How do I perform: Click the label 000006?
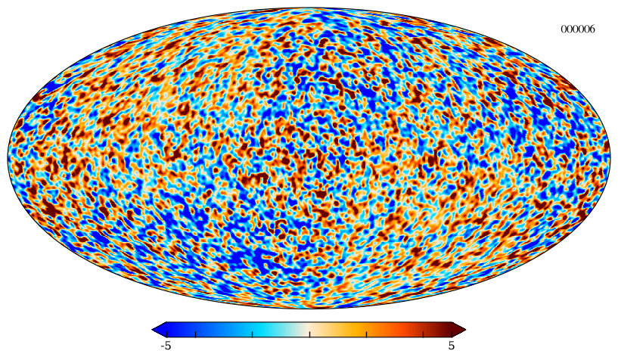pos(578,29)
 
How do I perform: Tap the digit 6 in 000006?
pos(592,29)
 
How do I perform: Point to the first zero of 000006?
pos(564,29)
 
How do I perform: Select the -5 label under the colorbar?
pos(166,346)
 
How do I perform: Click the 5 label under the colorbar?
pos(452,346)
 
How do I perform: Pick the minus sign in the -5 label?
pos(163,346)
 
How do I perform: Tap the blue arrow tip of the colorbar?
pos(153,330)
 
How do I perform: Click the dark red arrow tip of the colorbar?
pos(465,330)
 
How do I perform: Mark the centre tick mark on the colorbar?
pos(309,334)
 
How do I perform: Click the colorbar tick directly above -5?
pos(166,334)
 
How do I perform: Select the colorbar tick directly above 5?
pos(452,334)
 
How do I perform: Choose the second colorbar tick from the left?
pos(195,334)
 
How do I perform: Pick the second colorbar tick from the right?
pos(424,334)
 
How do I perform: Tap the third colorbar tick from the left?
pos(252,334)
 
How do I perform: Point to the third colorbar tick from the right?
pos(367,334)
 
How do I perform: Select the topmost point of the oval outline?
pos(309,8)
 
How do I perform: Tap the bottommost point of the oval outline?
pos(309,309)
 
